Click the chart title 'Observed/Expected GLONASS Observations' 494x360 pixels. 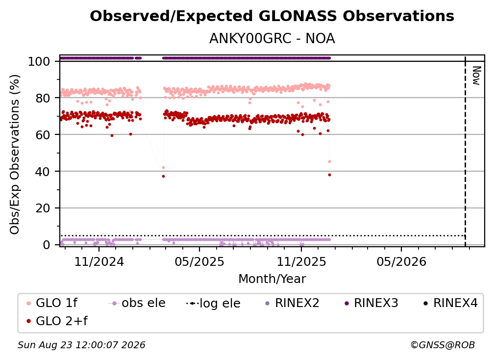tap(272, 16)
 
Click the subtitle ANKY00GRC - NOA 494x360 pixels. tap(272, 39)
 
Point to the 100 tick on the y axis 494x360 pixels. tap(39, 61)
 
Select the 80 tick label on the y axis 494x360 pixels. tap(43, 98)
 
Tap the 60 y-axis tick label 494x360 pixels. tap(43, 135)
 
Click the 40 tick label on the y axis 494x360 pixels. tap(43, 172)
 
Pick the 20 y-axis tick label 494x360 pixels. tap(43, 208)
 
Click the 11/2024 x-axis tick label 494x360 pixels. tap(99, 261)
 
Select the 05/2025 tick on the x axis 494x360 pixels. tap(199, 261)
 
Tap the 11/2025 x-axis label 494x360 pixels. tap(301, 261)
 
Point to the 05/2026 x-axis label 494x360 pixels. tap(401, 261)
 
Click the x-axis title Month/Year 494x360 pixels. tap(272, 279)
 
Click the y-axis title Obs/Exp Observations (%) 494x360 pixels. tap(15, 154)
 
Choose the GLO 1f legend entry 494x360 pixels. tap(52, 303)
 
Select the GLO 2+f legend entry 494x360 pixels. tap(57, 321)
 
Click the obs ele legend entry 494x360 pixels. tap(137, 303)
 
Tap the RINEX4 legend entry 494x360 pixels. tap(451, 303)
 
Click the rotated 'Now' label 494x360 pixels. tap(477, 76)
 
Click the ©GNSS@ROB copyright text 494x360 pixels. tap(443, 345)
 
